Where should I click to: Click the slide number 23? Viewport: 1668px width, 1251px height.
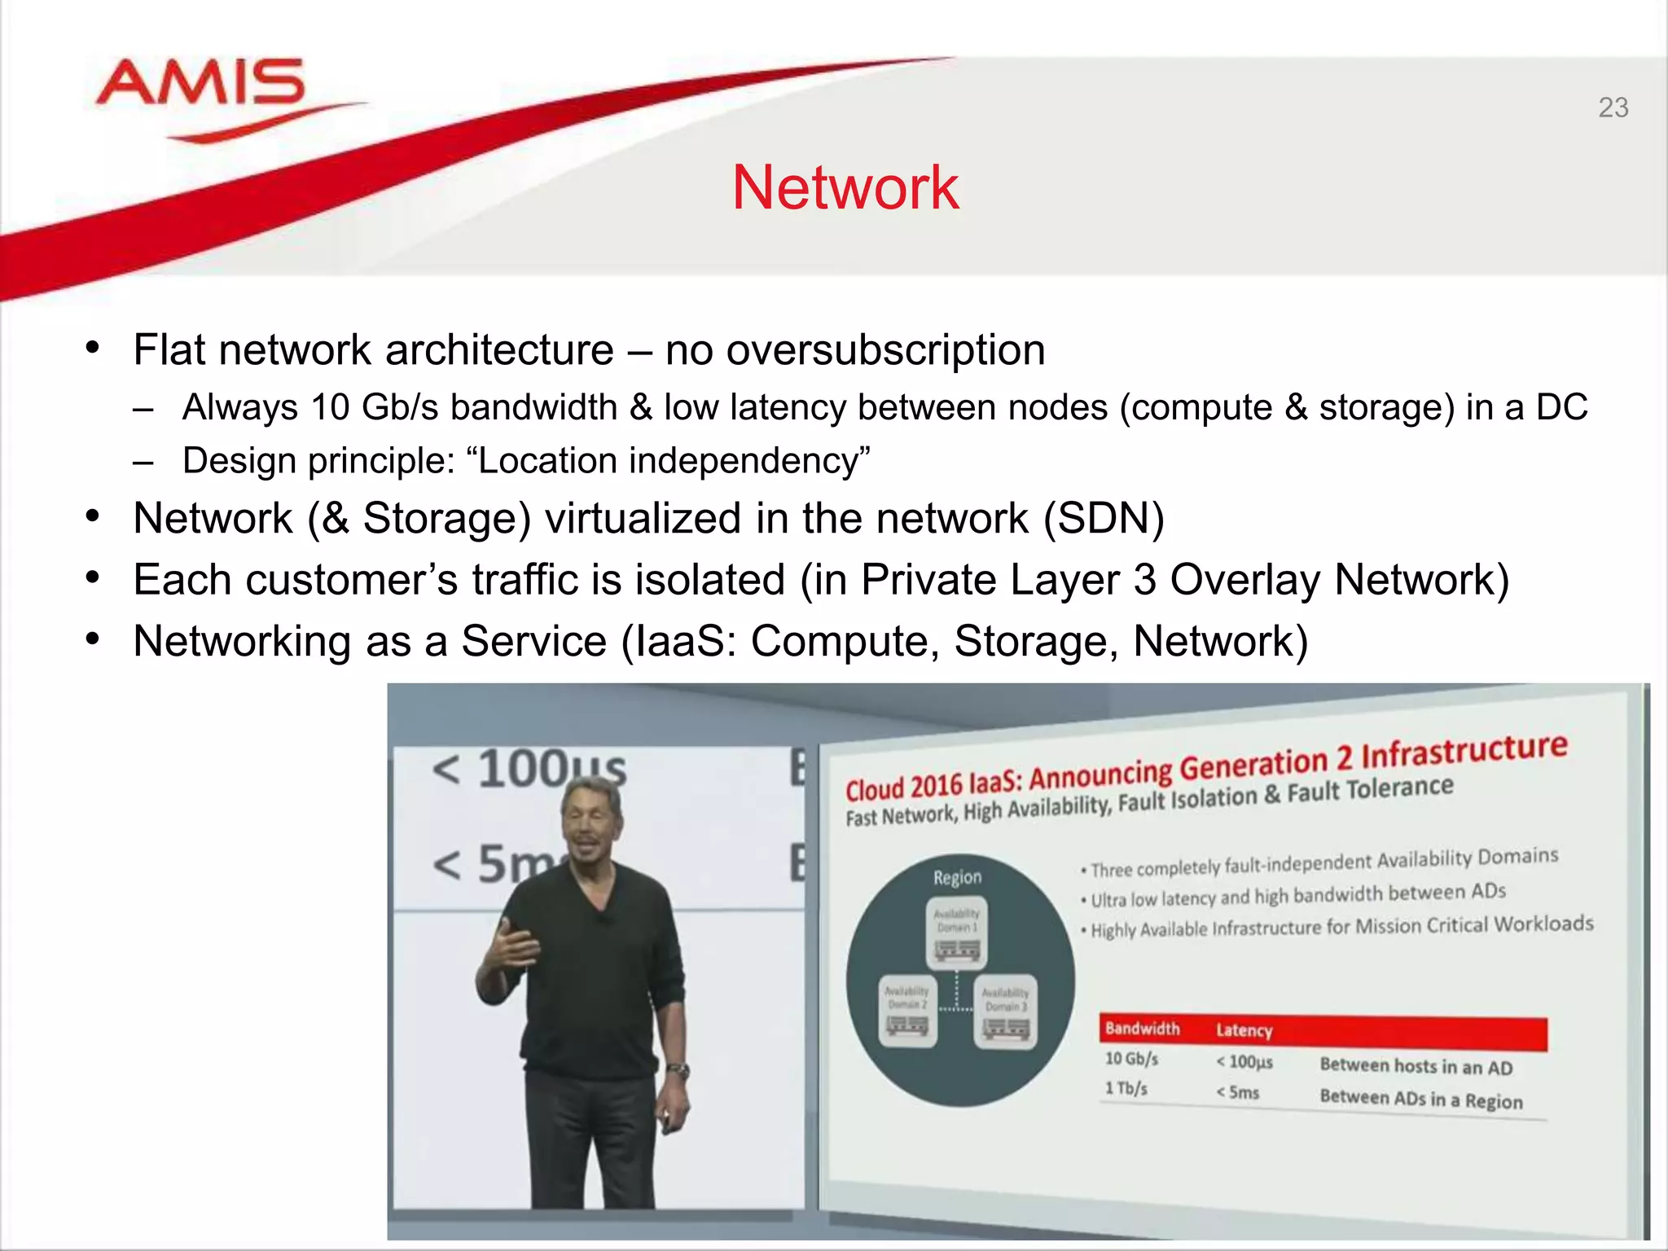[x=1613, y=108]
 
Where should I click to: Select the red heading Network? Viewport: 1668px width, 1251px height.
[x=845, y=187]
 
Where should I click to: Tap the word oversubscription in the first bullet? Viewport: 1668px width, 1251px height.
[x=885, y=350]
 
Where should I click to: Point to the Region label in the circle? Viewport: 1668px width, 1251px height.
[x=957, y=877]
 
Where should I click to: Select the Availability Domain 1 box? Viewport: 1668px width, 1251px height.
[x=956, y=933]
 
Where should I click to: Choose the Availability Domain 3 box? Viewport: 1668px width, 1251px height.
[x=1005, y=1010]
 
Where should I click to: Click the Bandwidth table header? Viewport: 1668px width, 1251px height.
[x=1142, y=1029]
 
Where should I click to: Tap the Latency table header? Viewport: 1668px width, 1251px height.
[x=1244, y=1030]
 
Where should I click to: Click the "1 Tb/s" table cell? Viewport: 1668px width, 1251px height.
[x=1126, y=1088]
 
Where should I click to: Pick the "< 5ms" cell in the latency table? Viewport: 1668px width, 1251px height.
[x=1238, y=1092]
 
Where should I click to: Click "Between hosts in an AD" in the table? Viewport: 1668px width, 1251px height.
[x=1416, y=1066]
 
